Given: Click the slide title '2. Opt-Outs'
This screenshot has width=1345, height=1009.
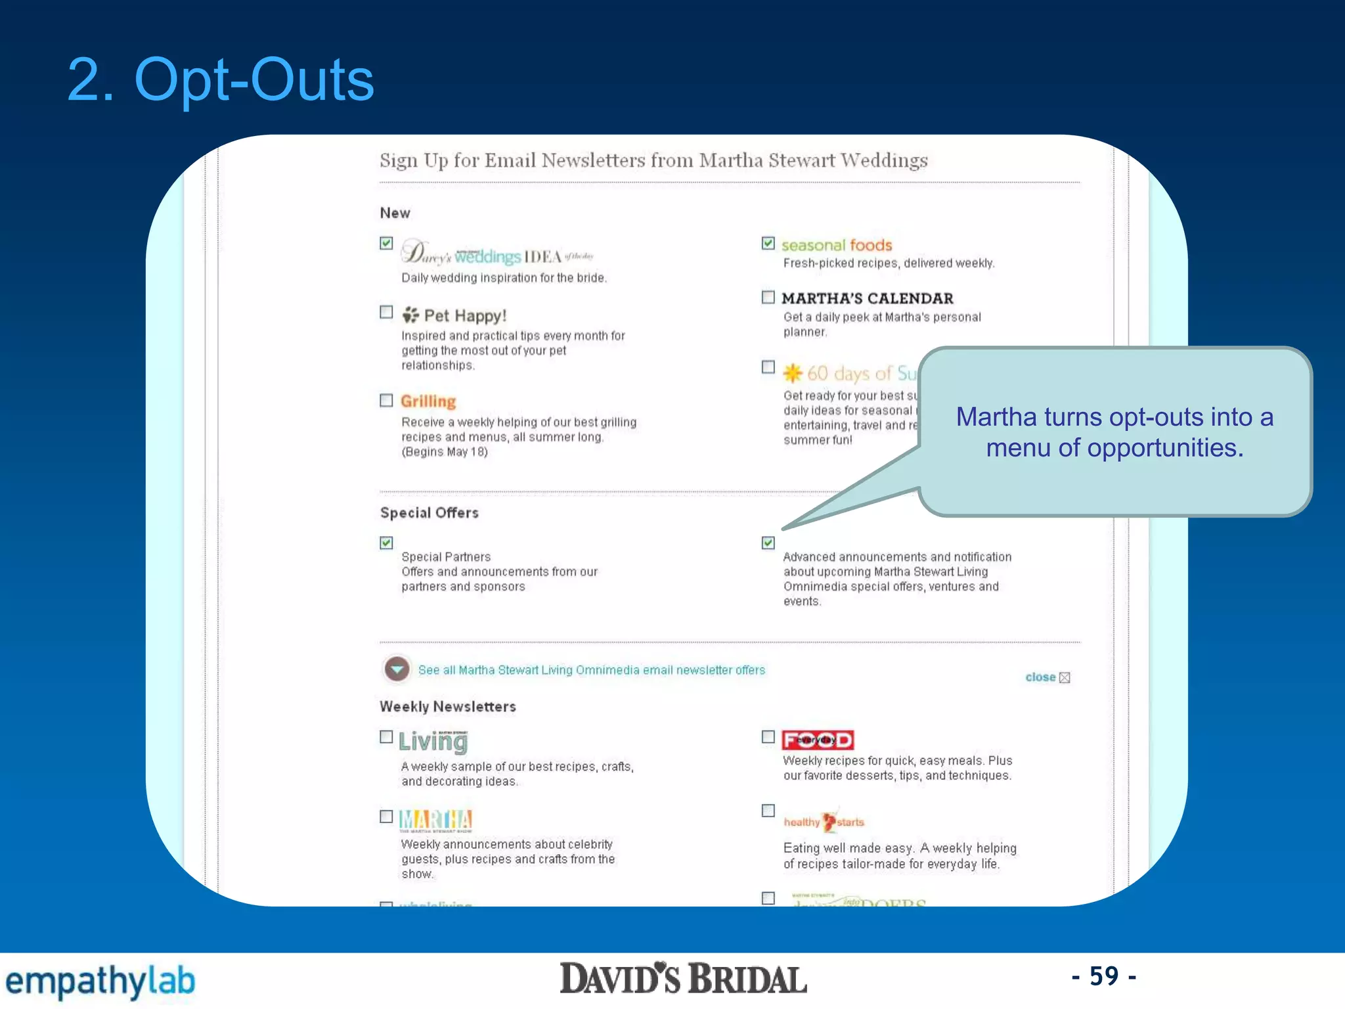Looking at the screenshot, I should coord(221,79).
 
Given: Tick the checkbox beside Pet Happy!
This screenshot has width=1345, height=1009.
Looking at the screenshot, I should coord(387,312).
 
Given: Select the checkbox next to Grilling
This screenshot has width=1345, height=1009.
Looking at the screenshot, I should coord(387,401).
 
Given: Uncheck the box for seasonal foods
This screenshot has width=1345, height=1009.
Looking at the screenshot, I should coord(768,244).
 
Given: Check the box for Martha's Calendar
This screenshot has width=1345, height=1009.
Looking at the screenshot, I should coord(768,298).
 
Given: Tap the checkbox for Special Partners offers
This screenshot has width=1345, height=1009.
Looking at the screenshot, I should coord(387,543).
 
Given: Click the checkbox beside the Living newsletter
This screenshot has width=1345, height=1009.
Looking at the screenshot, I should coord(387,737).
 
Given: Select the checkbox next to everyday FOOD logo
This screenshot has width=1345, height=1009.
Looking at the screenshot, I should coord(768,737).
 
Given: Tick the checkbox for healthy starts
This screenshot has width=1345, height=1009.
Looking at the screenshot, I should coord(768,811).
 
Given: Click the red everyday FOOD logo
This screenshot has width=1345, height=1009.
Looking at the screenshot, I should coord(818,740).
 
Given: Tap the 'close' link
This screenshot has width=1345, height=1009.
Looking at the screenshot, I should coord(1041,677).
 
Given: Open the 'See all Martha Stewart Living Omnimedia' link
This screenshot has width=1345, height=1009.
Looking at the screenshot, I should coord(592,670).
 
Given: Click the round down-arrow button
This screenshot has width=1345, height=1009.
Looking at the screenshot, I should coord(397,669).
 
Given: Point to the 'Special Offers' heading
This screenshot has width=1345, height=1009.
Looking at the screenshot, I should coord(430,513).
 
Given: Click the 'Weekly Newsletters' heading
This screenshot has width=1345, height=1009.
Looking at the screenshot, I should coord(448,707).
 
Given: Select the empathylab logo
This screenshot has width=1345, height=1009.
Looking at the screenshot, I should coord(100,981).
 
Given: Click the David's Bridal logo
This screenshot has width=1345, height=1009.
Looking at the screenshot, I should coord(683,979).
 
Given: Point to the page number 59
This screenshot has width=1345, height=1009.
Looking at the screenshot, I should coord(1104,976).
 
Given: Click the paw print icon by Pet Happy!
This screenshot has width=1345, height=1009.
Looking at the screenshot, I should coord(410,315).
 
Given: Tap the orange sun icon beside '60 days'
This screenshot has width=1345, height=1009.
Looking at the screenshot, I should coord(793,373).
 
